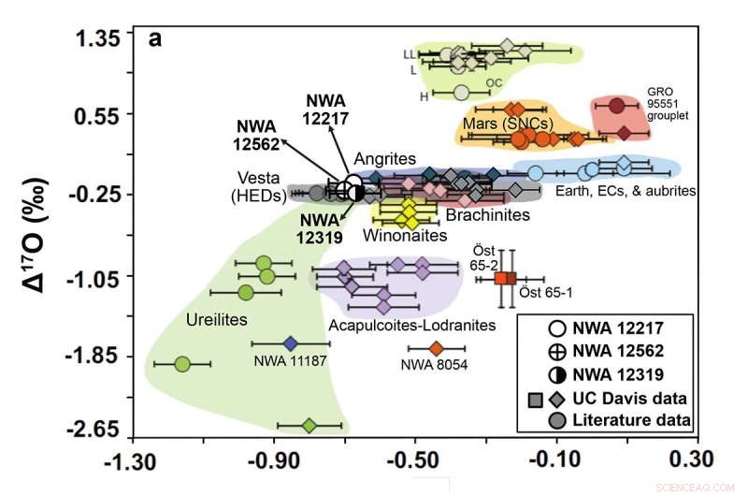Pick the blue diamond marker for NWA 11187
point(290,343)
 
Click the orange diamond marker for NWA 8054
point(436,349)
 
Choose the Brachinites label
point(487,215)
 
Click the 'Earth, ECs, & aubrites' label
point(626,191)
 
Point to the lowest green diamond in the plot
point(309,426)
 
